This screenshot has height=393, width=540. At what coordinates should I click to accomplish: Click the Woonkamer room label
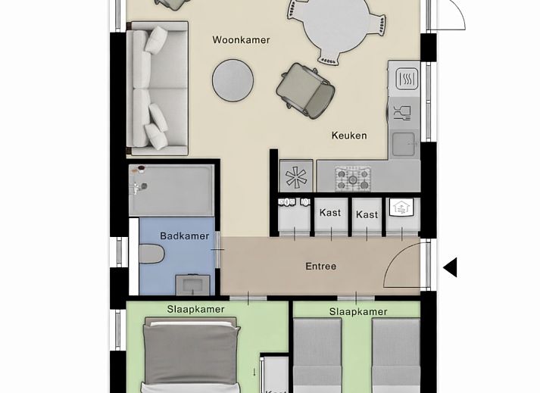(241, 40)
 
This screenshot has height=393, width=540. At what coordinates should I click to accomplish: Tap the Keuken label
(349, 136)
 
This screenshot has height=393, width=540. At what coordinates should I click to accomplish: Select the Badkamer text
(184, 236)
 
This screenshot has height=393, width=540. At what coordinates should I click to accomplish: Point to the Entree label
(320, 267)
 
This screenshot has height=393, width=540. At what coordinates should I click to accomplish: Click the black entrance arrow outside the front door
(450, 267)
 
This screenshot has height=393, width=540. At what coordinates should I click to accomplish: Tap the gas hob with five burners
(352, 179)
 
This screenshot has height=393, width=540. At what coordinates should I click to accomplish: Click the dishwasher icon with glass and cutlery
(402, 113)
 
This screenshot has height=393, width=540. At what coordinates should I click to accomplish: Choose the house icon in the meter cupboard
(400, 208)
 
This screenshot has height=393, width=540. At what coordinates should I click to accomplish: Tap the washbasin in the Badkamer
(190, 284)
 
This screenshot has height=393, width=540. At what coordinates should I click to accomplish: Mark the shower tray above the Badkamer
(172, 190)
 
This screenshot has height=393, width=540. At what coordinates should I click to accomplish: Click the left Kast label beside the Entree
(330, 213)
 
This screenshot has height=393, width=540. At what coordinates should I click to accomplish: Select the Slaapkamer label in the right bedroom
(357, 312)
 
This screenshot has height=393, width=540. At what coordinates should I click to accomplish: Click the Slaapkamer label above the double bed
(195, 310)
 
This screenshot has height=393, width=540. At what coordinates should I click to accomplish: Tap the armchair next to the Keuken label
(305, 89)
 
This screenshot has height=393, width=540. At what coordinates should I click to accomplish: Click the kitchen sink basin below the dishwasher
(404, 142)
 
